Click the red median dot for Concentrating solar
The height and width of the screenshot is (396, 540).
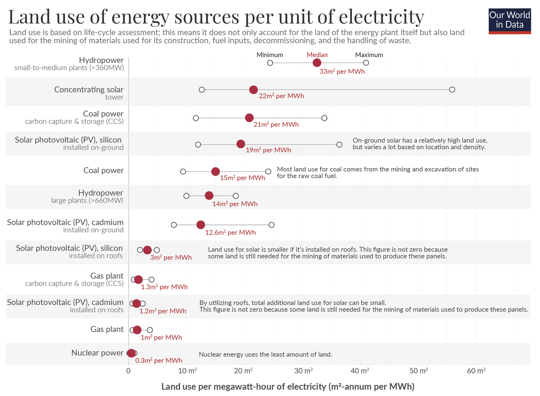click(253, 89)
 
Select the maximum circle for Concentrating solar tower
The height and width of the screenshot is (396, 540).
click(452, 89)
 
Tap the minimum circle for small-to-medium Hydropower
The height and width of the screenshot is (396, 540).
click(270, 63)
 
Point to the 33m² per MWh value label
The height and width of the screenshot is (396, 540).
click(342, 72)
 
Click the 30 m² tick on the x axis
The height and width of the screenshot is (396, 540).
click(303, 371)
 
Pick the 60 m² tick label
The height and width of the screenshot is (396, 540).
click(476, 371)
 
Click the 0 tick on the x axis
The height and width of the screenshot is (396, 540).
click(128, 371)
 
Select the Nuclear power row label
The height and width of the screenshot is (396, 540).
click(97, 353)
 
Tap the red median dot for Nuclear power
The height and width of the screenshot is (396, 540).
click(131, 353)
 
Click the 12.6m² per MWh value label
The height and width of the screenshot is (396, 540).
click(230, 232)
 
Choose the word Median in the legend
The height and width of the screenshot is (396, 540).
click(317, 55)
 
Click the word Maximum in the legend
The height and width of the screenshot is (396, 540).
click(369, 55)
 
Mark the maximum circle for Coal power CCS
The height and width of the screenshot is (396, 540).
click(324, 118)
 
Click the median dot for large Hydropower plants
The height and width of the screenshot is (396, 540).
click(209, 196)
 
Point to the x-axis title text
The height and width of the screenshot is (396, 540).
click(288, 387)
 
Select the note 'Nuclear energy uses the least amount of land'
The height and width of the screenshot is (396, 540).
click(265, 354)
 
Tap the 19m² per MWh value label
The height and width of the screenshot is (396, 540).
click(268, 150)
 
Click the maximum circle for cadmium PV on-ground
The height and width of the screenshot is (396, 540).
click(272, 225)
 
